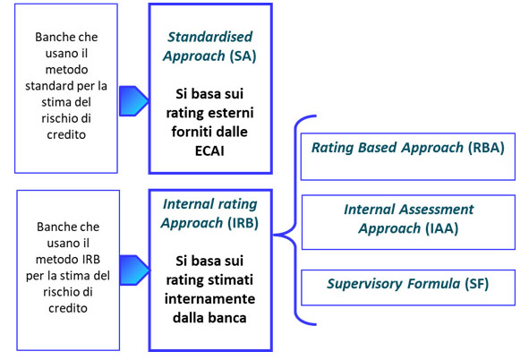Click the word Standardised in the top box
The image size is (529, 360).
(x=209, y=37)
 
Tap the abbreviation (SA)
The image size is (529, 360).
(x=243, y=56)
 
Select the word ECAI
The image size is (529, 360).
(x=209, y=150)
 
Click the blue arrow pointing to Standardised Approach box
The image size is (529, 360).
(x=134, y=101)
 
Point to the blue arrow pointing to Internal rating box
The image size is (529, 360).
(x=134, y=270)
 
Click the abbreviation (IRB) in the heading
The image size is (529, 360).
(x=243, y=223)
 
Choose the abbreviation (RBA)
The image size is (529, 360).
(x=486, y=148)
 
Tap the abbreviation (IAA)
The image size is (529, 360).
(x=441, y=228)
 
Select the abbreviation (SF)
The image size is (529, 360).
(x=476, y=284)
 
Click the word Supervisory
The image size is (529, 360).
(x=364, y=284)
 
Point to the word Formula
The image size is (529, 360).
(x=434, y=284)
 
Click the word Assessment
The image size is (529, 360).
(x=437, y=210)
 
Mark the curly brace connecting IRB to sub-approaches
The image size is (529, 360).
(x=295, y=220)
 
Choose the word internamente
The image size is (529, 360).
(x=209, y=299)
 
